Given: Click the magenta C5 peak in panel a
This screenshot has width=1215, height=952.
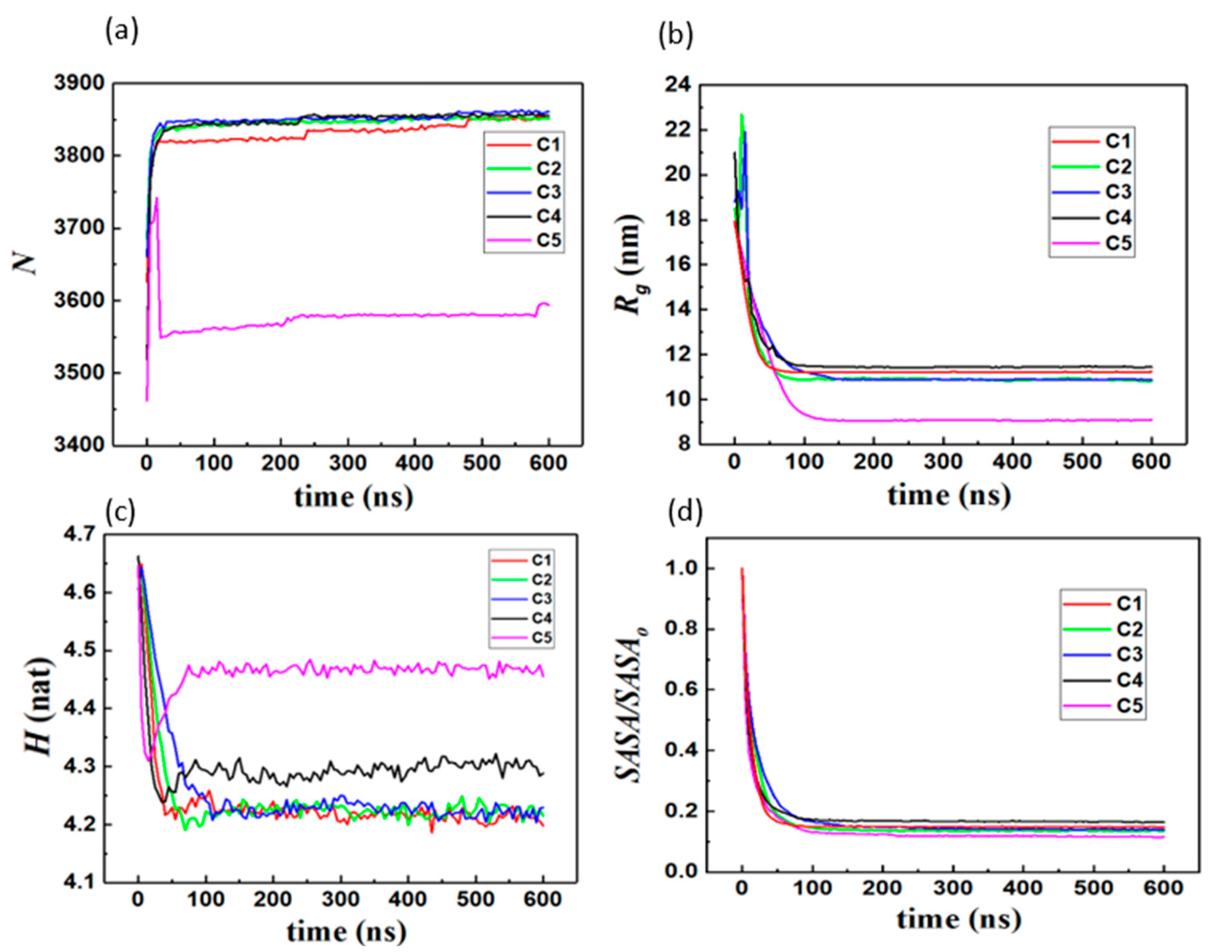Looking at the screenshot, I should (157, 197).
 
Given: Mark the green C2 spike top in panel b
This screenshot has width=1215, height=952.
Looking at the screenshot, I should (742, 115).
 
